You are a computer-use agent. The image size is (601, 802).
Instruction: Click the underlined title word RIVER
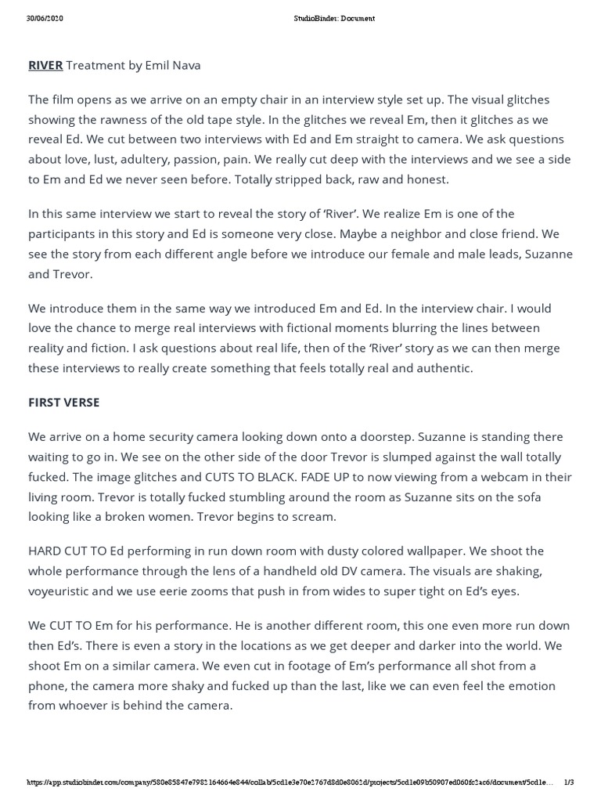pyautogui.click(x=45, y=66)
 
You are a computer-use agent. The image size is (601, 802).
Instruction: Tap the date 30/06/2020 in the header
pyautogui.click(x=44, y=18)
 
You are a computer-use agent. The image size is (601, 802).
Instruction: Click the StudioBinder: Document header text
pyautogui.click(x=329, y=18)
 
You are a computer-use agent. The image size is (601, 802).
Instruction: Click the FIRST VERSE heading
pyautogui.click(x=64, y=403)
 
